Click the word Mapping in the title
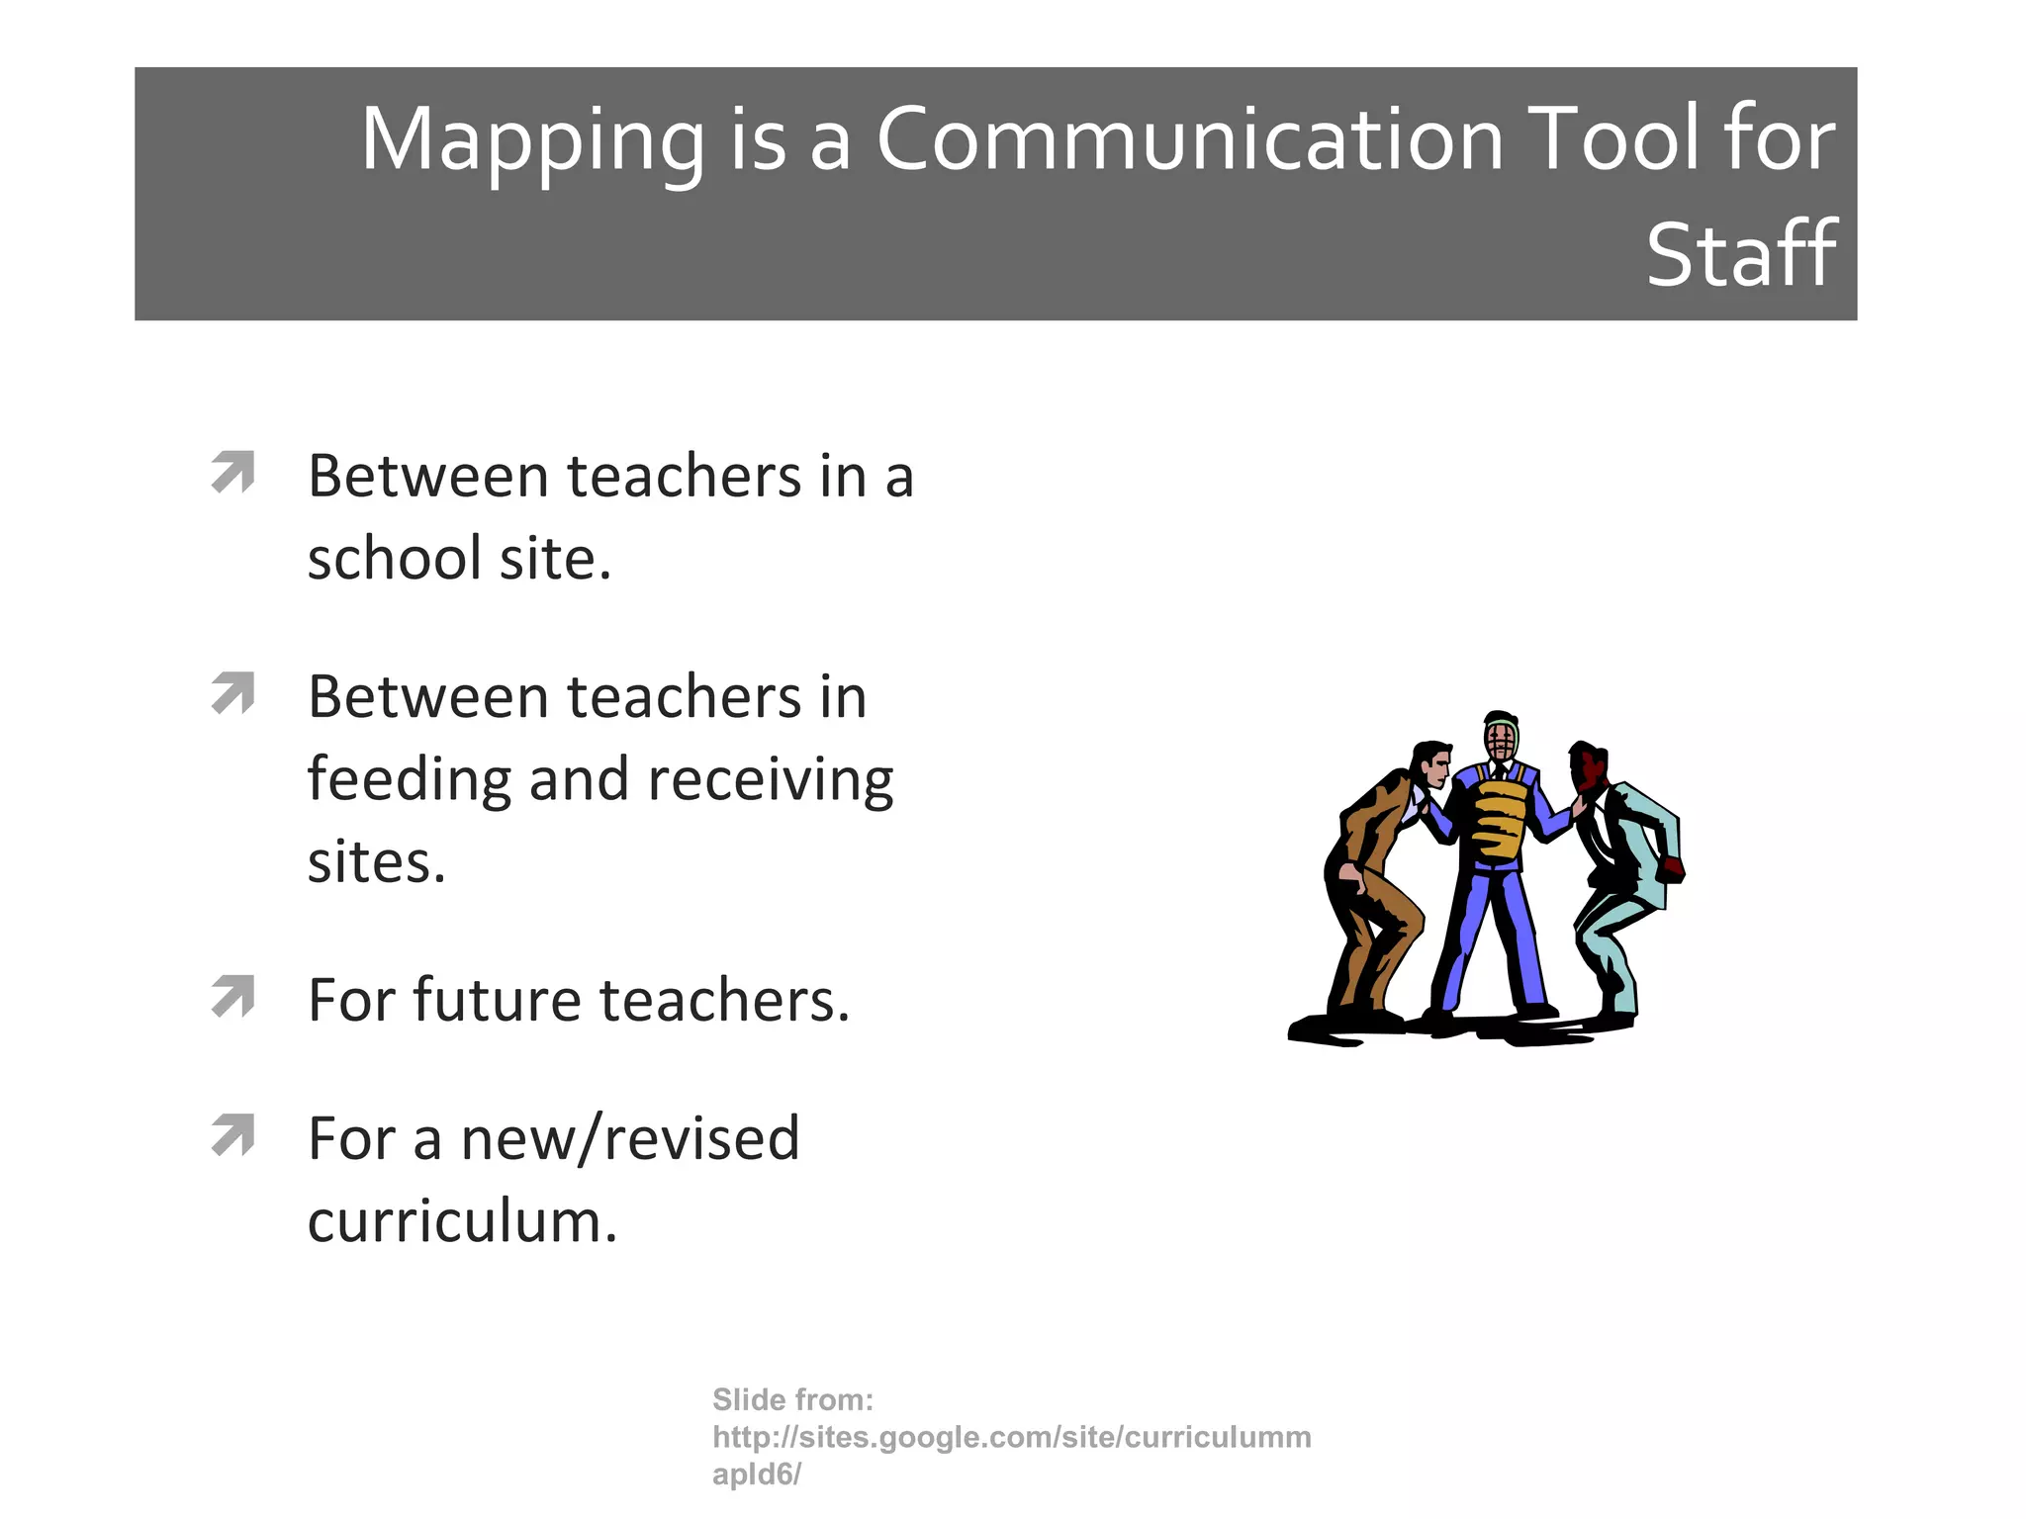coord(531,139)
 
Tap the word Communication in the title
coord(1190,139)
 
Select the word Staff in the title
coord(1741,255)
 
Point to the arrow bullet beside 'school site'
coord(233,472)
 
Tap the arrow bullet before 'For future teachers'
coord(233,996)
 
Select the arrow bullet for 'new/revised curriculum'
coord(233,1134)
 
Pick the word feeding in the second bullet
coord(409,780)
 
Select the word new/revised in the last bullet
coord(630,1138)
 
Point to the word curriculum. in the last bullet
coord(462,1221)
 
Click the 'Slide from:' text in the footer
coord(792,1399)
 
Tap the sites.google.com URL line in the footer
coord(1011,1437)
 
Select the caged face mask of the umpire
coord(1501,740)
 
